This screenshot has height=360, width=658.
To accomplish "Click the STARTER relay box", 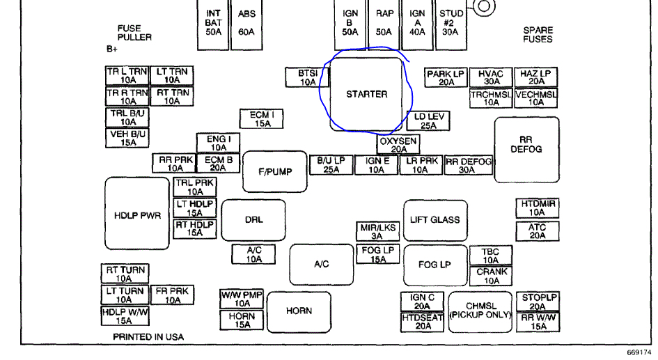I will point(366,94).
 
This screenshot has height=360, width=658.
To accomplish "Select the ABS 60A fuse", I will point(246,23).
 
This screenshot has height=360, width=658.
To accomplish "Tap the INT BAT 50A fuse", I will point(214,23).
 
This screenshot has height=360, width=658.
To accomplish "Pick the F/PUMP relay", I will point(275,171).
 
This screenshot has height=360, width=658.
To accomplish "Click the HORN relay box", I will point(299,311).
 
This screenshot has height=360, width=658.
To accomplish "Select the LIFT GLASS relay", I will point(434,219).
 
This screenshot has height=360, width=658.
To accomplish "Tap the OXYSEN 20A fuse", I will point(398,145).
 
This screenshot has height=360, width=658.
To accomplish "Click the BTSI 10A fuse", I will point(308,77).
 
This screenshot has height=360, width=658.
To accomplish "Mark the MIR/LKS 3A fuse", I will point(377,232).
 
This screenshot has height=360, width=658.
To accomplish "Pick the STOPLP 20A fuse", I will point(537,302).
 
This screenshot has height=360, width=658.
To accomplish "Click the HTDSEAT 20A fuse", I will point(422,322).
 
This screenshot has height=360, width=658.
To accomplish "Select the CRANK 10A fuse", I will point(492,276).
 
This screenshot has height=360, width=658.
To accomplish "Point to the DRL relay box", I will point(253,220).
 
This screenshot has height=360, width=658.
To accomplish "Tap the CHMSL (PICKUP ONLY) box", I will point(480,311).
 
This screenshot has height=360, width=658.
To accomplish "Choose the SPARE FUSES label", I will point(538,35).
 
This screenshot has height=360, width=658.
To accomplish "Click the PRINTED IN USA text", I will point(148,337).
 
